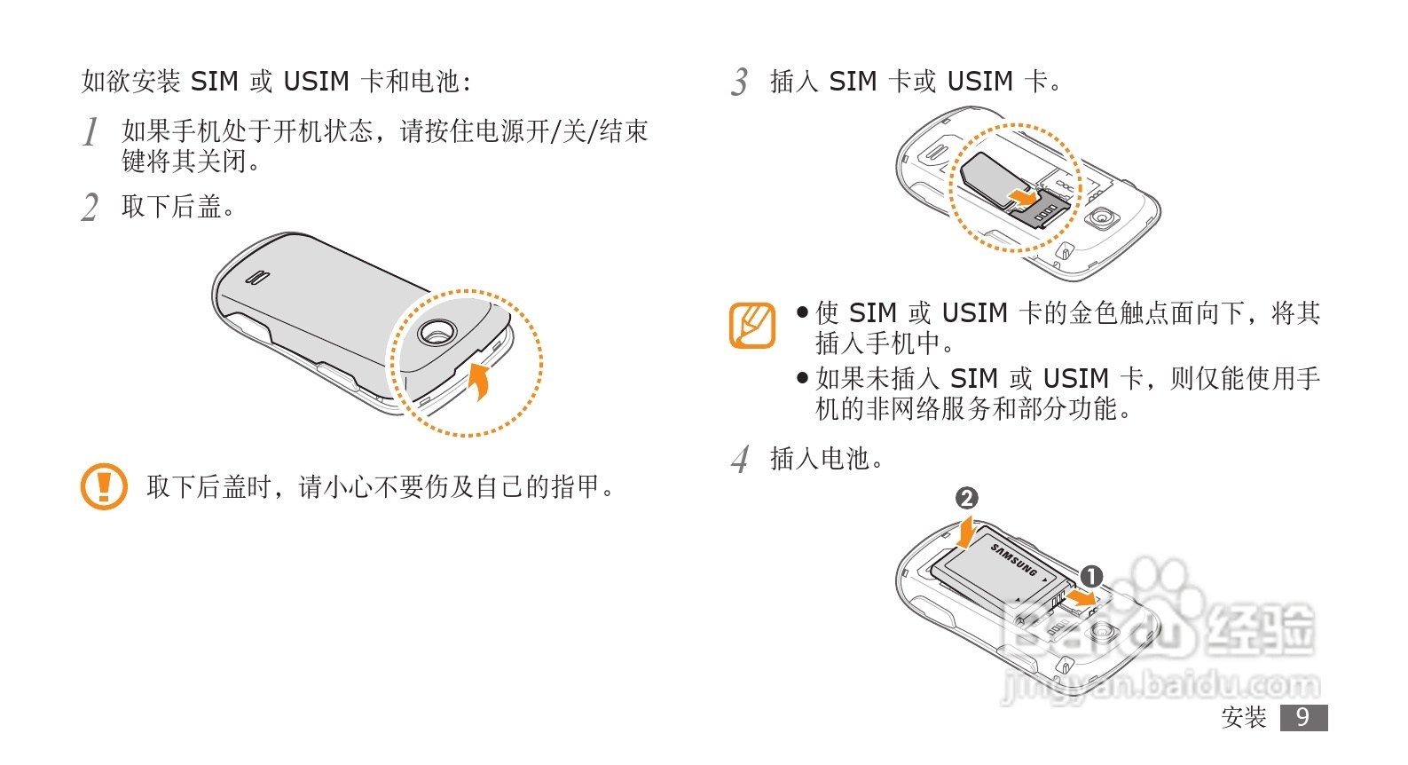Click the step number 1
(x=90, y=132)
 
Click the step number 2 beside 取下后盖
(x=90, y=208)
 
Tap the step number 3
(x=740, y=83)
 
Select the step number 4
(x=740, y=460)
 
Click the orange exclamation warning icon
(x=104, y=486)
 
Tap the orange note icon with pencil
(x=752, y=325)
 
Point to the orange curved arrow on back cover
(x=480, y=380)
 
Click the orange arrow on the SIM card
(x=1022, y=197)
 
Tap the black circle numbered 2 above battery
(x=967, y=498)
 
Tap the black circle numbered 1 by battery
(x=1090, y=577)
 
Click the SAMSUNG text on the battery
(x=1014, y=559)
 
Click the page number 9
(x=1303, y=717)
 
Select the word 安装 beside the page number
(x=1244, y=717)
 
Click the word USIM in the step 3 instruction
(x=979, y=82)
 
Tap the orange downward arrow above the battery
(x=967, y=530)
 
